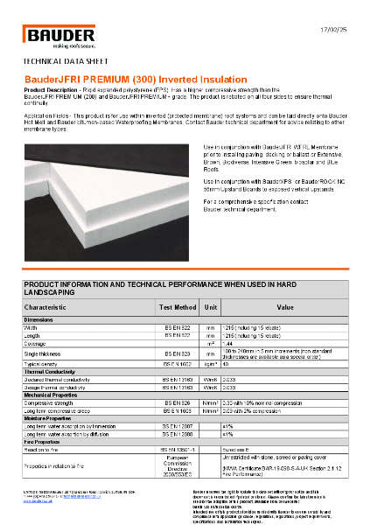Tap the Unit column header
tap(211, 307)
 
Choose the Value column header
tap(285, 307)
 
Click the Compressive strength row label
tap(52, 402)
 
